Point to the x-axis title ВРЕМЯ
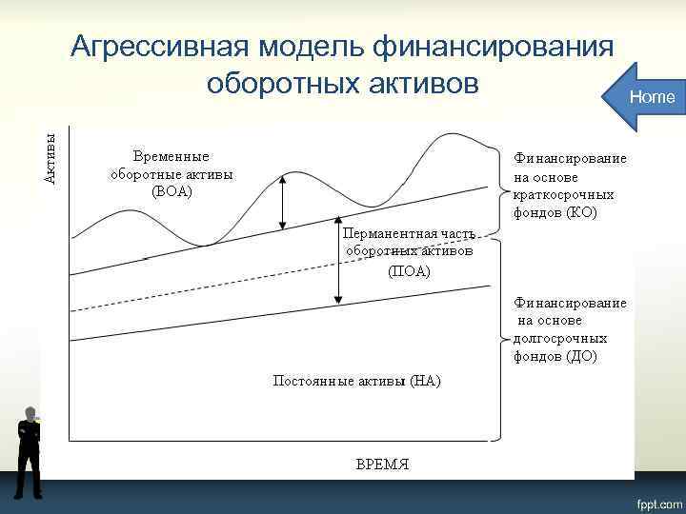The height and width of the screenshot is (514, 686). (382, 464)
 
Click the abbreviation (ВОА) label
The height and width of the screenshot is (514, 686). (171, 191)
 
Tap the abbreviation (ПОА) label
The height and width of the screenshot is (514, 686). (409, 271)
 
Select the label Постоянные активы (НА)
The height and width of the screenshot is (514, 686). (356, 381)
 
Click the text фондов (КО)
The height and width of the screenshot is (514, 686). (555, 212)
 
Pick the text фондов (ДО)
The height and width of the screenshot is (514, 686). (555, 357)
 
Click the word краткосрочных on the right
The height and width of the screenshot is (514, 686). (563, 194)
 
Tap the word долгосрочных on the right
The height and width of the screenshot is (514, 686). (560, 339)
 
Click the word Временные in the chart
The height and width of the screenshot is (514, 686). (171, 156)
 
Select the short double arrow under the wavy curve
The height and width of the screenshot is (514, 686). (283, 204)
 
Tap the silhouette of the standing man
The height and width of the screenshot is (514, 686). (30, 453)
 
